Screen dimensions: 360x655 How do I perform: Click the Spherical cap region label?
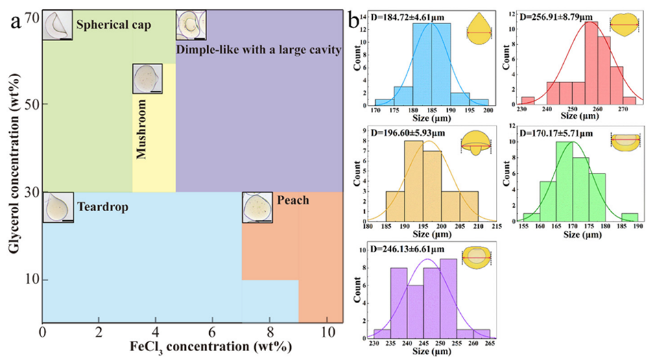coord(113,26)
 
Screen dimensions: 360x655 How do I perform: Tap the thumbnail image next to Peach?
coord(257,207)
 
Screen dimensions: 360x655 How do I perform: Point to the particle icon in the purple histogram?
coord(474,255)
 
